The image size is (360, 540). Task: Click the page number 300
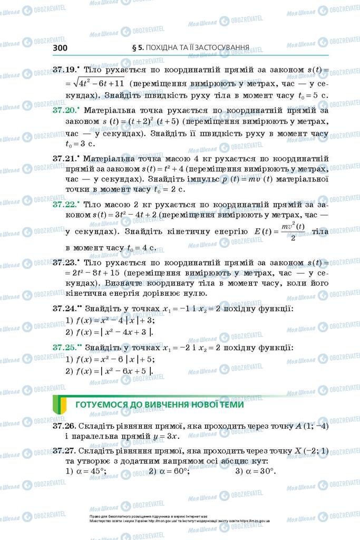click(61, 48)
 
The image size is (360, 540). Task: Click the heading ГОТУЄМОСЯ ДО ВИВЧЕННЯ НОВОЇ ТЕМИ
click(160, 405)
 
